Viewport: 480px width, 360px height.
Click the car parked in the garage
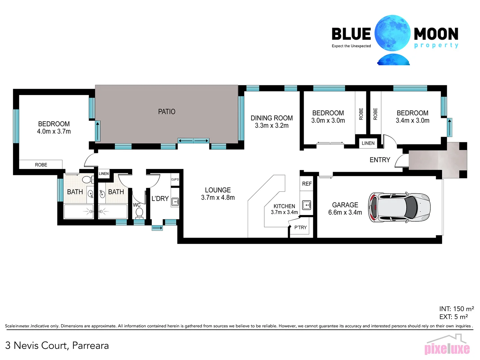pos(399,207)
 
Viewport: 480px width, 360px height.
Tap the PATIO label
pos(167,112)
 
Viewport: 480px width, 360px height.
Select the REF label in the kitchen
pos(307,184)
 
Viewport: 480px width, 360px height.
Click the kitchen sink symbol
pos(307,205)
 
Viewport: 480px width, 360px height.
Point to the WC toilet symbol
pos(139,213)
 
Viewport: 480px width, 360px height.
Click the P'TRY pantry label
pos(300,227)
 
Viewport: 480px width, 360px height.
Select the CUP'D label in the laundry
pos(175,179)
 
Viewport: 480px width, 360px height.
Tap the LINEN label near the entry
pos(368,143)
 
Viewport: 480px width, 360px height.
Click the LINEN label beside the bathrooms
pos(104,174)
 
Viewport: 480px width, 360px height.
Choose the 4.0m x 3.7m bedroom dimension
pos(54,131)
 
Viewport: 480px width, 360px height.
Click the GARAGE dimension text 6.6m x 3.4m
pos(345,212)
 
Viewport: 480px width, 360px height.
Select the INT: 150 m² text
pos(456,309)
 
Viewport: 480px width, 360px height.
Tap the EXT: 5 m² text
pos(453,317)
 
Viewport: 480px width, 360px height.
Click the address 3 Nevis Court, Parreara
pos(57,345)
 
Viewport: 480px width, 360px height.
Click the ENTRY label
pos(380,160)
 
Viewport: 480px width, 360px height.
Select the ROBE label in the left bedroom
pos(41,165)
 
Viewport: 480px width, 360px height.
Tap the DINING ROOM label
pos(272,118)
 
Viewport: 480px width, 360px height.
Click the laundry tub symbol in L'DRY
pos(175,202)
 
